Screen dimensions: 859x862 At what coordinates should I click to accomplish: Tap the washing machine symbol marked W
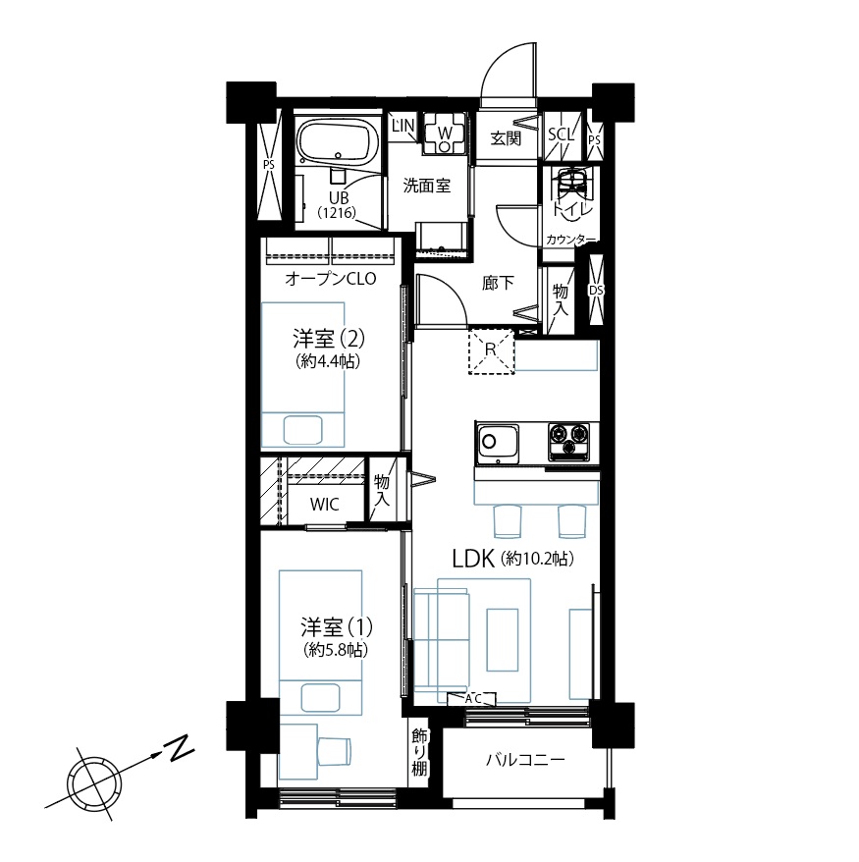coord(445,133)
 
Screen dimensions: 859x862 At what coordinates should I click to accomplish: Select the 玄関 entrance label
coord(505,138)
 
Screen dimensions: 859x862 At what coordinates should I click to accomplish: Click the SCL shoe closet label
coord(562,134)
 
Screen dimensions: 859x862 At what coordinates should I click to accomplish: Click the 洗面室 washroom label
coord(426,186)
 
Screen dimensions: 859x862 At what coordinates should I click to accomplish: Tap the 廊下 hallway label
coord(498,283)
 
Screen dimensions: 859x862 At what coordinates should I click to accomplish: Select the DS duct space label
coord(596,290)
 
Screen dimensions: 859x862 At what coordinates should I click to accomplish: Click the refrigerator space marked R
coord(491,350)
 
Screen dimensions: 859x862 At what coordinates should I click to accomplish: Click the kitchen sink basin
coord(498,442)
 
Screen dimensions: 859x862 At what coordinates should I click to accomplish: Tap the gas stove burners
coord(568,441)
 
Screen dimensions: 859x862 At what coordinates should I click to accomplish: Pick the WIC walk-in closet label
coord(324,504)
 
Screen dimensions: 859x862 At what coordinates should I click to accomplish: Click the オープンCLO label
coord(331,279)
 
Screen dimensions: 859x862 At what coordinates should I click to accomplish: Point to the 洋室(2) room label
coord(329,339)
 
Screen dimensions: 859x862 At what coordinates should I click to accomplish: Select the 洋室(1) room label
coord(337,627)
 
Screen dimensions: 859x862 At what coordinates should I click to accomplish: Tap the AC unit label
coord(472,699)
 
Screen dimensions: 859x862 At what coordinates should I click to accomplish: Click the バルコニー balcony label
coord(525,760)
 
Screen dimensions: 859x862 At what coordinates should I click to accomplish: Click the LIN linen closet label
coord(403,126)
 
